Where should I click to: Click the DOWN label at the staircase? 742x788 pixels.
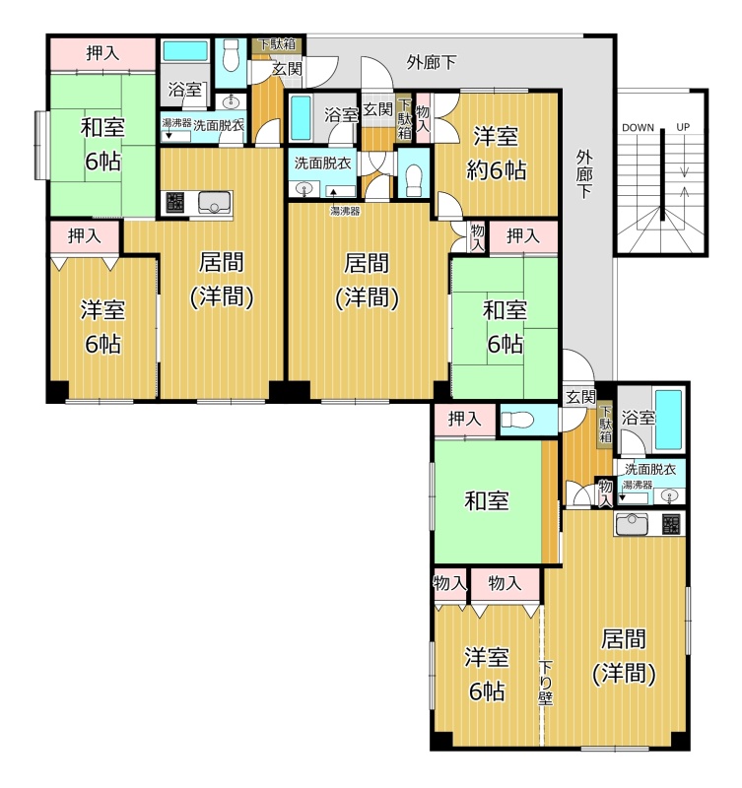638,128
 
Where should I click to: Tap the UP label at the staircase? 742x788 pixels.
683,127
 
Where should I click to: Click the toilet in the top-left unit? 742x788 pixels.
231,56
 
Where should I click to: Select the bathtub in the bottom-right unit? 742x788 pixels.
669,420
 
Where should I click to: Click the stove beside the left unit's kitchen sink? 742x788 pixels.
174,202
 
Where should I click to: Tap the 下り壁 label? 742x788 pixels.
546,683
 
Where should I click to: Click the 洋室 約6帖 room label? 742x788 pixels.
497,154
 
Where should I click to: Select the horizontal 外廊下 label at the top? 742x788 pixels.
432,63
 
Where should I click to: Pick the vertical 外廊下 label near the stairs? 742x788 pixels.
583,174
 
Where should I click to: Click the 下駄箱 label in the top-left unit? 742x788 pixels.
276,44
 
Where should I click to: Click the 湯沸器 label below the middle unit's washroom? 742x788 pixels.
345,211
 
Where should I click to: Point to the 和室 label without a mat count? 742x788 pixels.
487,501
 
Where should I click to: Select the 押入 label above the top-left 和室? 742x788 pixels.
102,53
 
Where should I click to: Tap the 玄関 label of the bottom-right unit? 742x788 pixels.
580,398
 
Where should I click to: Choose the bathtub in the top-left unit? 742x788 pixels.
185,51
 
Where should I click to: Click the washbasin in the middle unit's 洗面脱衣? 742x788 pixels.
304,189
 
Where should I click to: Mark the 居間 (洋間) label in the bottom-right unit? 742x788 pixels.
624,656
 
